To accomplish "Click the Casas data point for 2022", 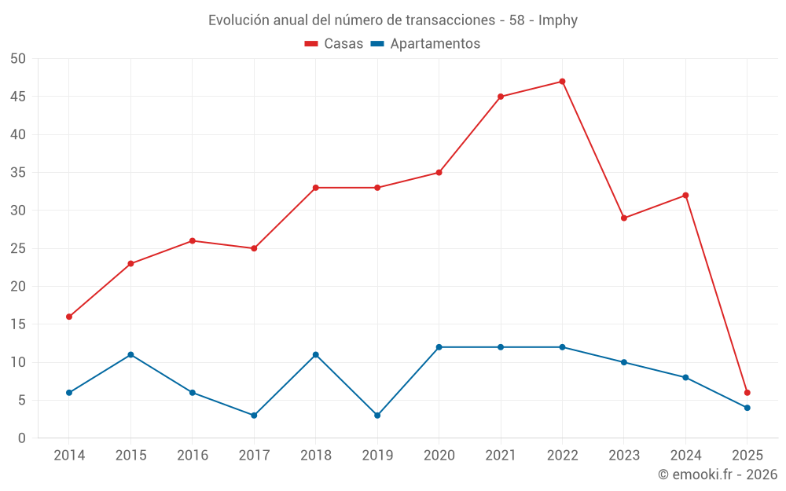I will click(562, 82).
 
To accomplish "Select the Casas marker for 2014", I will click(69, 317).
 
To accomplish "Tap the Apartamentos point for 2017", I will click(254, 416).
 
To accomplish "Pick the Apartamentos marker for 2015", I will click(130, 355).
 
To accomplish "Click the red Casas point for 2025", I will click(747, 393).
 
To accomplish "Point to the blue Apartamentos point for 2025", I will click(747, 408).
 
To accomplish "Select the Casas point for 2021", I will click(501, 97).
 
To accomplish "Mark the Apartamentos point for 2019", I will click(377, 416).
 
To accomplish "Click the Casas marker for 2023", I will click(624, 218).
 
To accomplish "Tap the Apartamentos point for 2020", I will click(439, 347).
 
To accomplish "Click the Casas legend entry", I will click(334, 44).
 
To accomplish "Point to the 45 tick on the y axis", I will click(18, 97).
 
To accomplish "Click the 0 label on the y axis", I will click(22, 438).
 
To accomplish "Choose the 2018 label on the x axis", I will click(315, 456).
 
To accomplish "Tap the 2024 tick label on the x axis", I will click(685, 456).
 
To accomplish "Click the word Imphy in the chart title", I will click(558, 20).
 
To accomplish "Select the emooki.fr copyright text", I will click(718, 475).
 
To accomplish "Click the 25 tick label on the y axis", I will click(18, 248).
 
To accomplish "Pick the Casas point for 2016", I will click(193, 241).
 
